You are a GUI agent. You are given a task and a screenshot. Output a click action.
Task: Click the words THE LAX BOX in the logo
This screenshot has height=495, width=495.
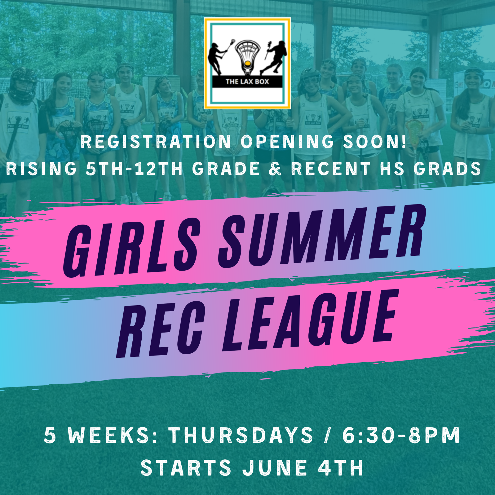tap(247, 81)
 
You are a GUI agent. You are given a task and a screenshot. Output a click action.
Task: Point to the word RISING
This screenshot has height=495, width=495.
tap(41, 169)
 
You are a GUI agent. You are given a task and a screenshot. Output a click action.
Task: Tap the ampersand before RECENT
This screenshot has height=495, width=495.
tap(276, 169)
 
